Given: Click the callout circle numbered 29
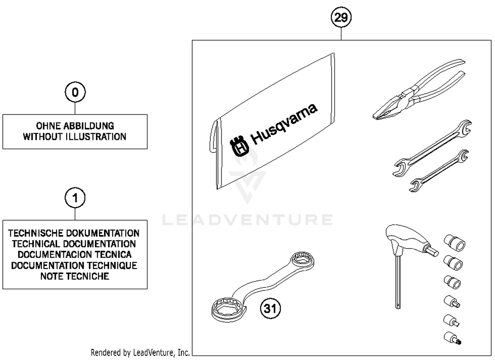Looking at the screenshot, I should coord(341,17).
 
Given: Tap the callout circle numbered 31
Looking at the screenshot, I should coord(270,308).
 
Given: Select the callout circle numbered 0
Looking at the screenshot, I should coord(75,92).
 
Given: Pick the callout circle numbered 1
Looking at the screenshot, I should coord(75,198).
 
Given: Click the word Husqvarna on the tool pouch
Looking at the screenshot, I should coord(284,124).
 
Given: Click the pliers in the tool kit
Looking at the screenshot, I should coord(419,91).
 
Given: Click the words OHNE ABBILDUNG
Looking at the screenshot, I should coord(75,126).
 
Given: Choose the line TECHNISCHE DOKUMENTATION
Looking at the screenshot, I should coord(74,233).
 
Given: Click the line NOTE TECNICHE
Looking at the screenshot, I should coord(75,276).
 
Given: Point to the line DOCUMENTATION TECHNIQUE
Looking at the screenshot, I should coord(74,266).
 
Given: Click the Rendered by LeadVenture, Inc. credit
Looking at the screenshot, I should coord(140,353).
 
